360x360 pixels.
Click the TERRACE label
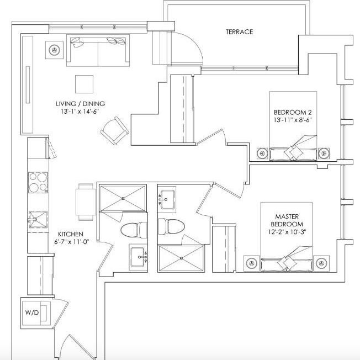[x=239, y=32]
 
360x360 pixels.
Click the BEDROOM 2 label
[x=293, y=112]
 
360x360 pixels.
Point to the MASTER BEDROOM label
[x=288, y=221]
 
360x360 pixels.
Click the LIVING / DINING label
[x=80, y=104]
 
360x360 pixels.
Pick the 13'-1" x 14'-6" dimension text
[x=80, y=112]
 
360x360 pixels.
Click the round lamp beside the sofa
[x=54, y=50]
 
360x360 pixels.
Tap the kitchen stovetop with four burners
[x=38, y=182]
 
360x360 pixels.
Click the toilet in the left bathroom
[x=134, y=229]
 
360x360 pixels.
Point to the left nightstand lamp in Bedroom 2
[x=261, y=153]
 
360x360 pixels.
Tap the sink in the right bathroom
[x=167, y=198]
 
